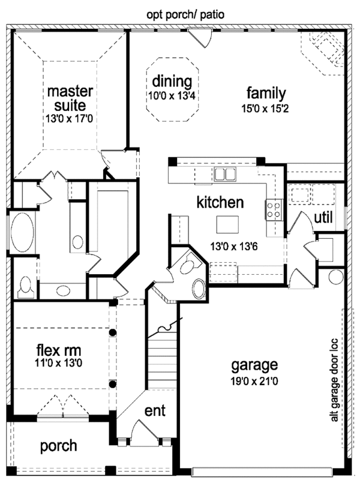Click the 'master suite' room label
[70, 98]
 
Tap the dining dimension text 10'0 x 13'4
[172, 96]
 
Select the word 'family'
[266, 93]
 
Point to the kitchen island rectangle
[227, 224]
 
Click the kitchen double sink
[224, 174]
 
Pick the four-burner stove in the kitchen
[274, 210]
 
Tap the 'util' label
[323, 217]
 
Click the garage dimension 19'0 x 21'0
[254, 381]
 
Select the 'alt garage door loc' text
[334, 380]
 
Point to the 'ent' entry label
[155, 410]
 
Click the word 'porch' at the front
[59, 446]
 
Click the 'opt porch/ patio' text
[185, 14]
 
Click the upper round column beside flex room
[113, 332]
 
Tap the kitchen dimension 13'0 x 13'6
[234, 247]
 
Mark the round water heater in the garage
[335, 277]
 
